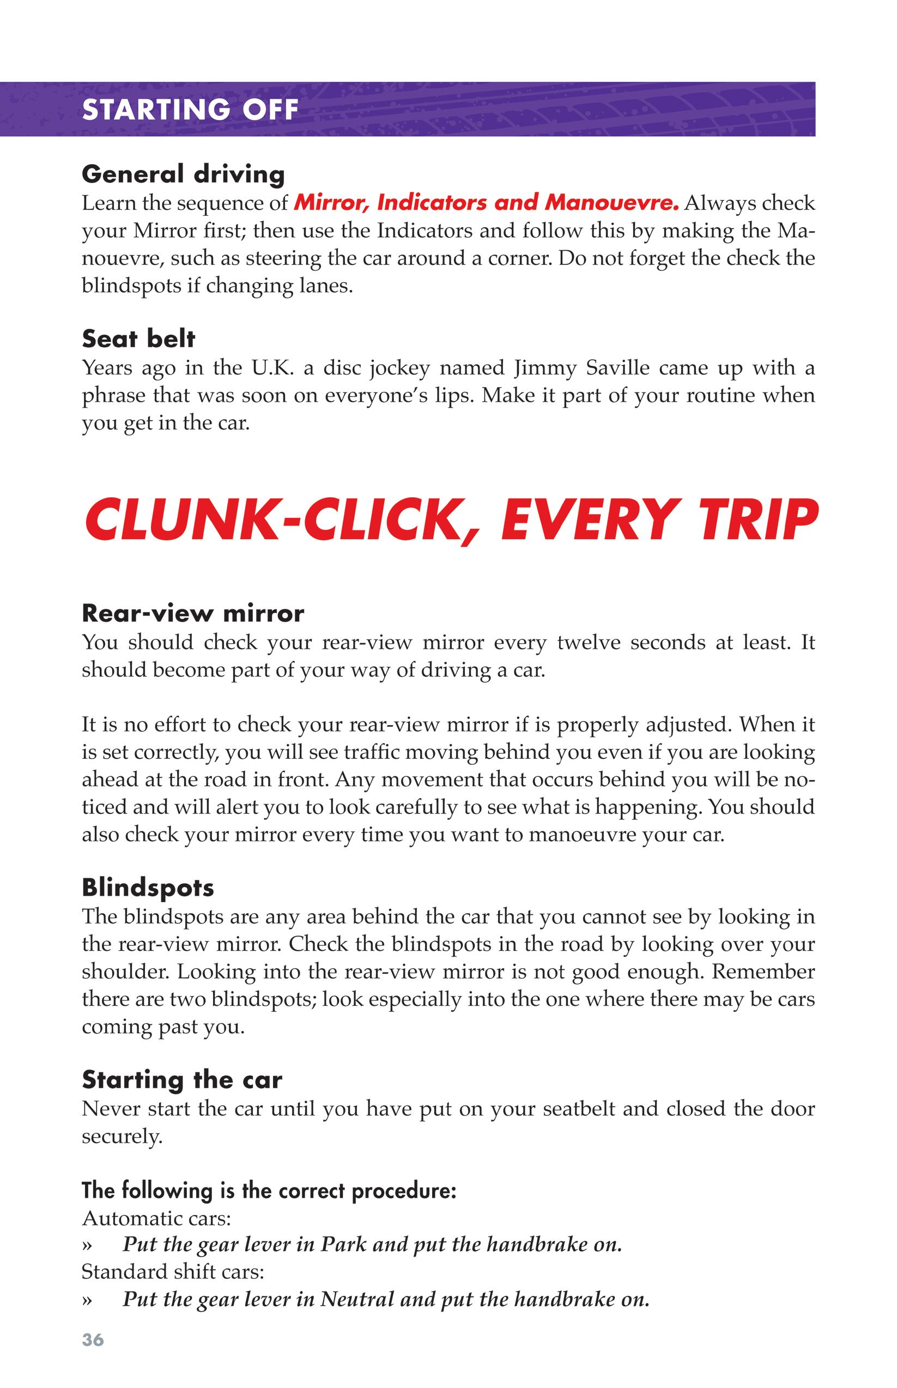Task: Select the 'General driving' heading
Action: pyautogui.click(x=184, y=174)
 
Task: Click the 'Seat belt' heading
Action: pyautogui.click(x=138, y=339)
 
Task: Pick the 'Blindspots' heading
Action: pyautogui.click(x=148, y=887)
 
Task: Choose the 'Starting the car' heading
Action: pyautogui.click(x=181, y=1079)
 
